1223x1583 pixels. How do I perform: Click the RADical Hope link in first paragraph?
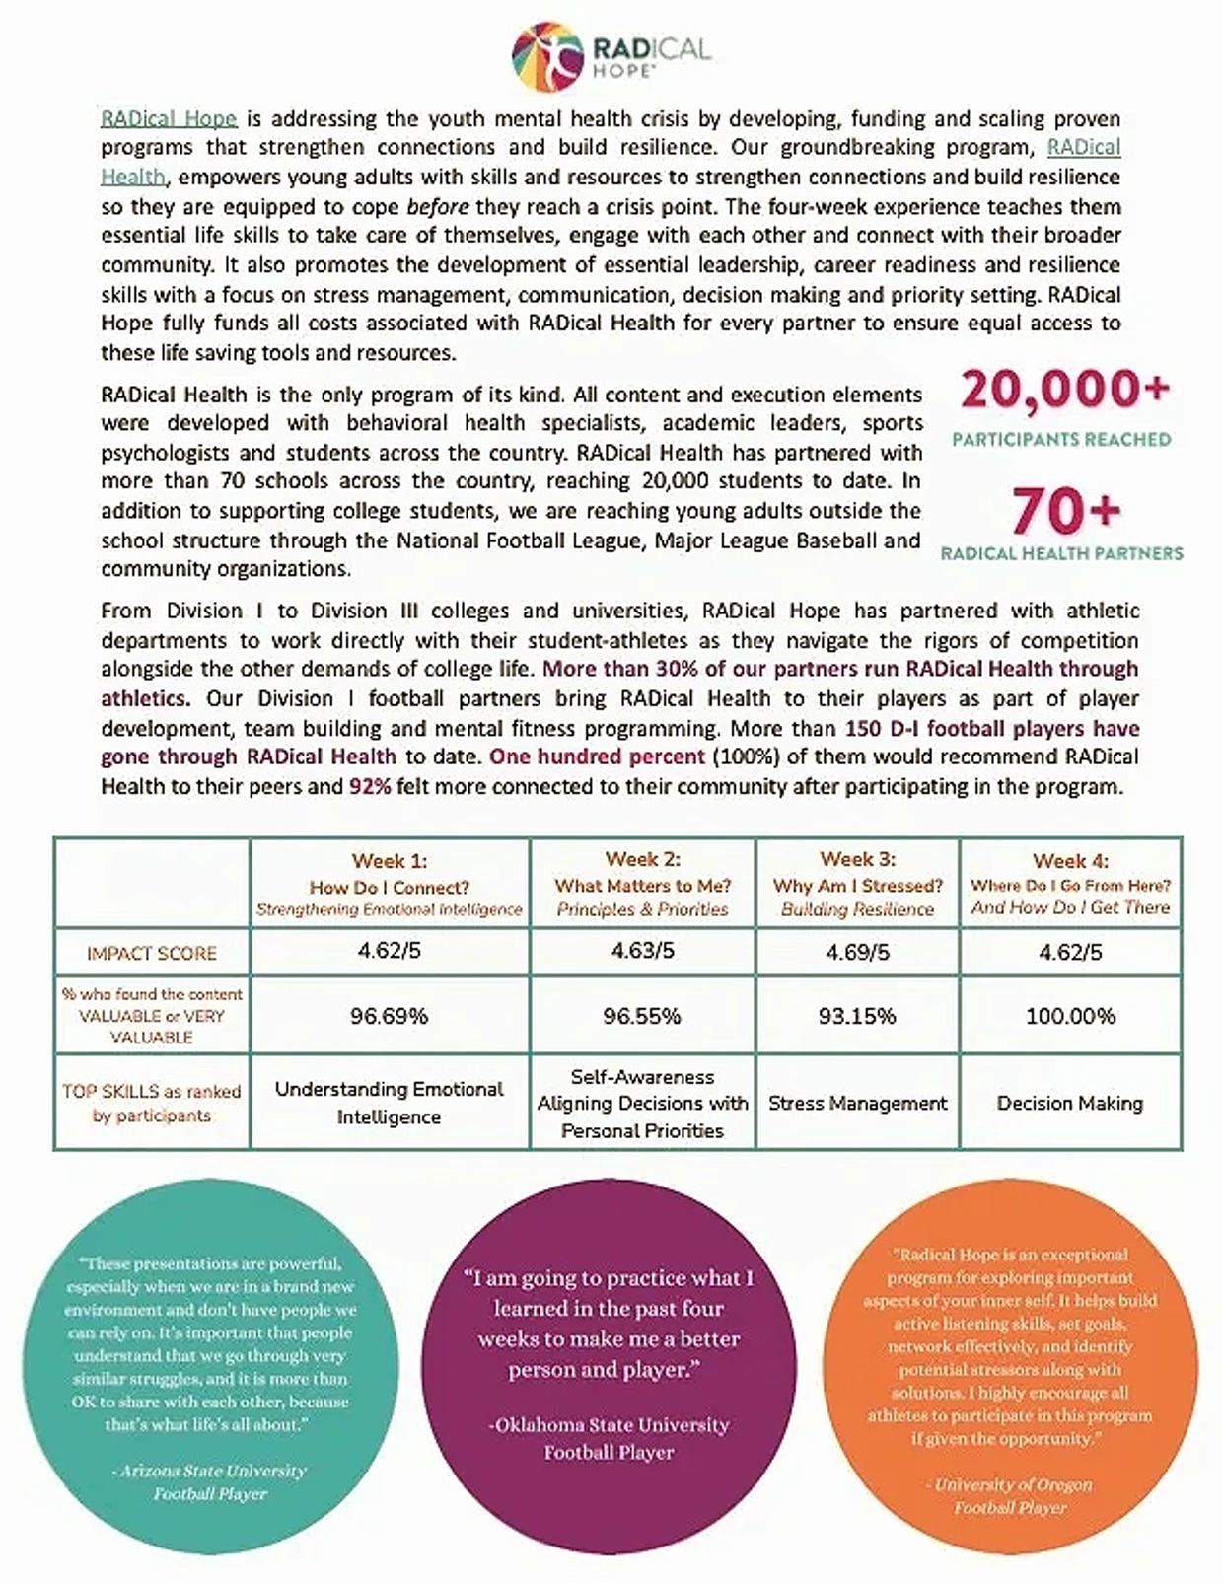click(x=169, y=119)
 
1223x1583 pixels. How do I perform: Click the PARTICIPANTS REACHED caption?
click(x=1061, y=439)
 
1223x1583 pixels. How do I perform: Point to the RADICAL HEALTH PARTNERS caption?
click(x=1061, y=553)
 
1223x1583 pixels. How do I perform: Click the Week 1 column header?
click(x=390, y=884)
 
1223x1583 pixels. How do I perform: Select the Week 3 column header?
click(x=858, y=884)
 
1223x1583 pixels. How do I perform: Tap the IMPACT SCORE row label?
click(x=152, y=953)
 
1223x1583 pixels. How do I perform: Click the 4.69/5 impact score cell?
click(x=858, y=953)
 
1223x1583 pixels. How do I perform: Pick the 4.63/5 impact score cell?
click(x=642, y=951)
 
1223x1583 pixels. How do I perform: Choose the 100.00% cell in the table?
click(x=1070, y=1016)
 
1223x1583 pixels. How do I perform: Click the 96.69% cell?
click(x=390, y=1016)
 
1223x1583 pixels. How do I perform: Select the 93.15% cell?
click(x=857, y=1016)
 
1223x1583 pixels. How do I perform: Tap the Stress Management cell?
click(x=858, y=1104)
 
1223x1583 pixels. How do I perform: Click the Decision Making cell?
click(x=1070, y=1104)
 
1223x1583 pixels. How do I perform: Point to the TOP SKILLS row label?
click(x=152, y=1104)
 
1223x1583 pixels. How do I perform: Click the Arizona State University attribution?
click(x=209, y=1481)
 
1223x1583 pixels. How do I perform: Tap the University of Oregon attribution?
click(x=1011, y=1495)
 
